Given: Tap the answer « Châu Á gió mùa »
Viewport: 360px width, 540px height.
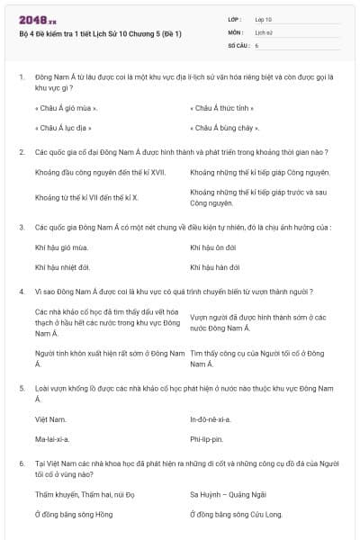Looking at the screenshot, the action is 66,109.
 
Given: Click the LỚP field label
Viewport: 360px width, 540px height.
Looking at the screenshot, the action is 236,19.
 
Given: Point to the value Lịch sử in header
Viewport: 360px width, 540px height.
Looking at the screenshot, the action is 263,31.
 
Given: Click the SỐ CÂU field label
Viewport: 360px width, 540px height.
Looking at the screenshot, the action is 238,44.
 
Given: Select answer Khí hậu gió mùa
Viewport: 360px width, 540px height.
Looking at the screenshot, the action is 61,247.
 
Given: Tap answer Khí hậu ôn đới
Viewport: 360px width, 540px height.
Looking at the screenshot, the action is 213,247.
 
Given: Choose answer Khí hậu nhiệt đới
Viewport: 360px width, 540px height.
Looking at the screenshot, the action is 62,267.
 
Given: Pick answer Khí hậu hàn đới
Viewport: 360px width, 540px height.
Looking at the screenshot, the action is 215,267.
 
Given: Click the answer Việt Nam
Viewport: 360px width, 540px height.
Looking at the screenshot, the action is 50,419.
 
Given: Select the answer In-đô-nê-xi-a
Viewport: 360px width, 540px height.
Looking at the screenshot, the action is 211,419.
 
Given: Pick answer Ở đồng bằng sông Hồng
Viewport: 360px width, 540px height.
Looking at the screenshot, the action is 74,514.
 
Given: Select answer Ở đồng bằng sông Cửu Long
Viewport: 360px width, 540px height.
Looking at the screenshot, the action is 237,514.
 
